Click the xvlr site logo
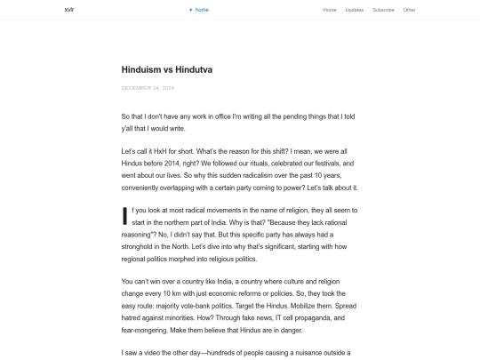coord(69,10)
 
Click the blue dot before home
coord(190,10)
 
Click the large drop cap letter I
coord(124,217)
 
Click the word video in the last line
coord(145,353)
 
